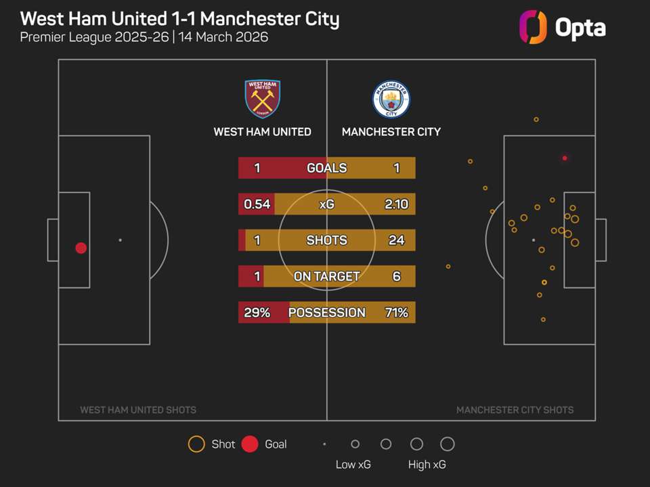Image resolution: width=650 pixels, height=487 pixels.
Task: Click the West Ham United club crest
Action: pos(262,99)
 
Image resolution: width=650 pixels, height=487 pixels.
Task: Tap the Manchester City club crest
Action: pos(391,99)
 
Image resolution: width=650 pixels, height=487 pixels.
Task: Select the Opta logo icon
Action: pos(532,28)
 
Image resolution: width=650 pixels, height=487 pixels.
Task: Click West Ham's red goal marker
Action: pos(81,248)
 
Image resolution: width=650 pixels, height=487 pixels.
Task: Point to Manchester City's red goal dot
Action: pos(565,158)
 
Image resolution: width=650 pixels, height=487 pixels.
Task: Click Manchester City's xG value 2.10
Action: pos(396,204)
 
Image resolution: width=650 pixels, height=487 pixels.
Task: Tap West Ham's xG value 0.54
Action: pos(257,204)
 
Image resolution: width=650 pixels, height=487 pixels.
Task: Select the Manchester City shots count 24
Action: pos(396,240)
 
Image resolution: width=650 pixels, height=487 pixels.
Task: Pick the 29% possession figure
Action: pos(257,312)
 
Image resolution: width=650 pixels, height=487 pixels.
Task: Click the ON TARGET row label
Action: pos(326,276)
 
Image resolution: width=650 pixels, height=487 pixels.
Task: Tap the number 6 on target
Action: pos(397,276)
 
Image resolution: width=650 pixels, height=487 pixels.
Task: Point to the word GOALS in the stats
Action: pos(326,168)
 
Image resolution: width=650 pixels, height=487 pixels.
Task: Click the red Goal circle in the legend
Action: pos(250,444)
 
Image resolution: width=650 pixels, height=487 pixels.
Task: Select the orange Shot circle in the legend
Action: pos(196,444)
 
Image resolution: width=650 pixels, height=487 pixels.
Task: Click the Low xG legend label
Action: pos(353,465)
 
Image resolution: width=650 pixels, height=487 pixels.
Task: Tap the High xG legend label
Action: pos(427,465)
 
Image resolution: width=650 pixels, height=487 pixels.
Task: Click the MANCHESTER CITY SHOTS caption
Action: pos(515,410)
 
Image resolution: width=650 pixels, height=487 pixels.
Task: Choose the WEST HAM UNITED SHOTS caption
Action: pos(138,410)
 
